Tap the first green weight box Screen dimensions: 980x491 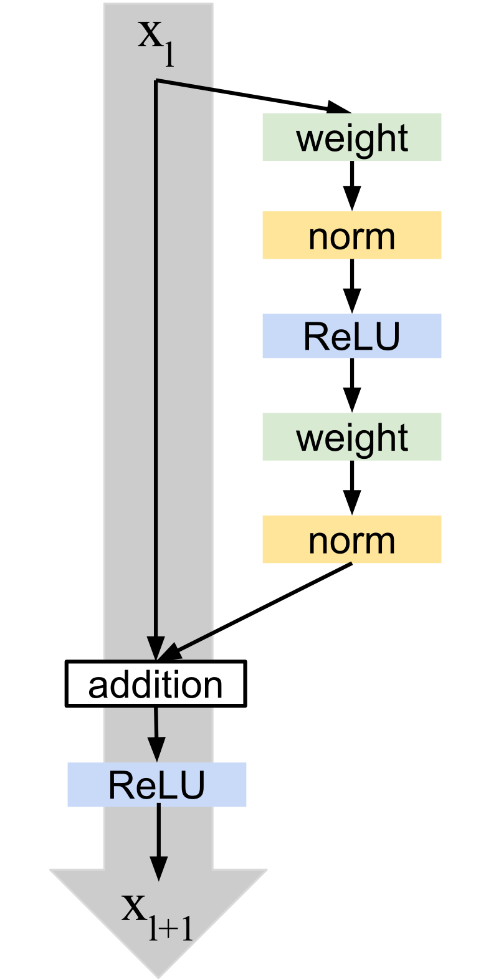tap(351, 137)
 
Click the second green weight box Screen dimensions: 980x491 tap(351, 437)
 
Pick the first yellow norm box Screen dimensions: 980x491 tap(351, 235)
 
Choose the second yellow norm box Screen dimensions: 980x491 tap(351, 539)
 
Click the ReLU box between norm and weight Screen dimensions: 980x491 tap(351, 336)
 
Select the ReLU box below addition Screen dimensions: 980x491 tap(157, 784)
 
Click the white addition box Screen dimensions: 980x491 tap(156, 684)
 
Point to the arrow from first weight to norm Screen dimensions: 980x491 tap(352, 185)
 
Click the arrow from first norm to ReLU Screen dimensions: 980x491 tap(352, 286)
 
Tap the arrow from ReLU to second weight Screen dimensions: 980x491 tap(352, 385)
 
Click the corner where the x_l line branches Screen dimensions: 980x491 tap(156, 80)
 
